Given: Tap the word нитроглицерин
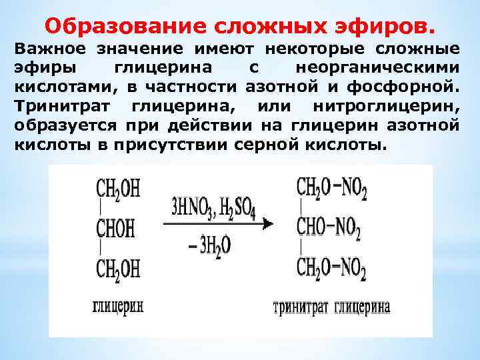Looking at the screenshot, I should pyautogui.click(x=401, y=107).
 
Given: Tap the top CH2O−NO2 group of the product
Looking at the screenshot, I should pyautogui.click(x=332, y=189).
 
